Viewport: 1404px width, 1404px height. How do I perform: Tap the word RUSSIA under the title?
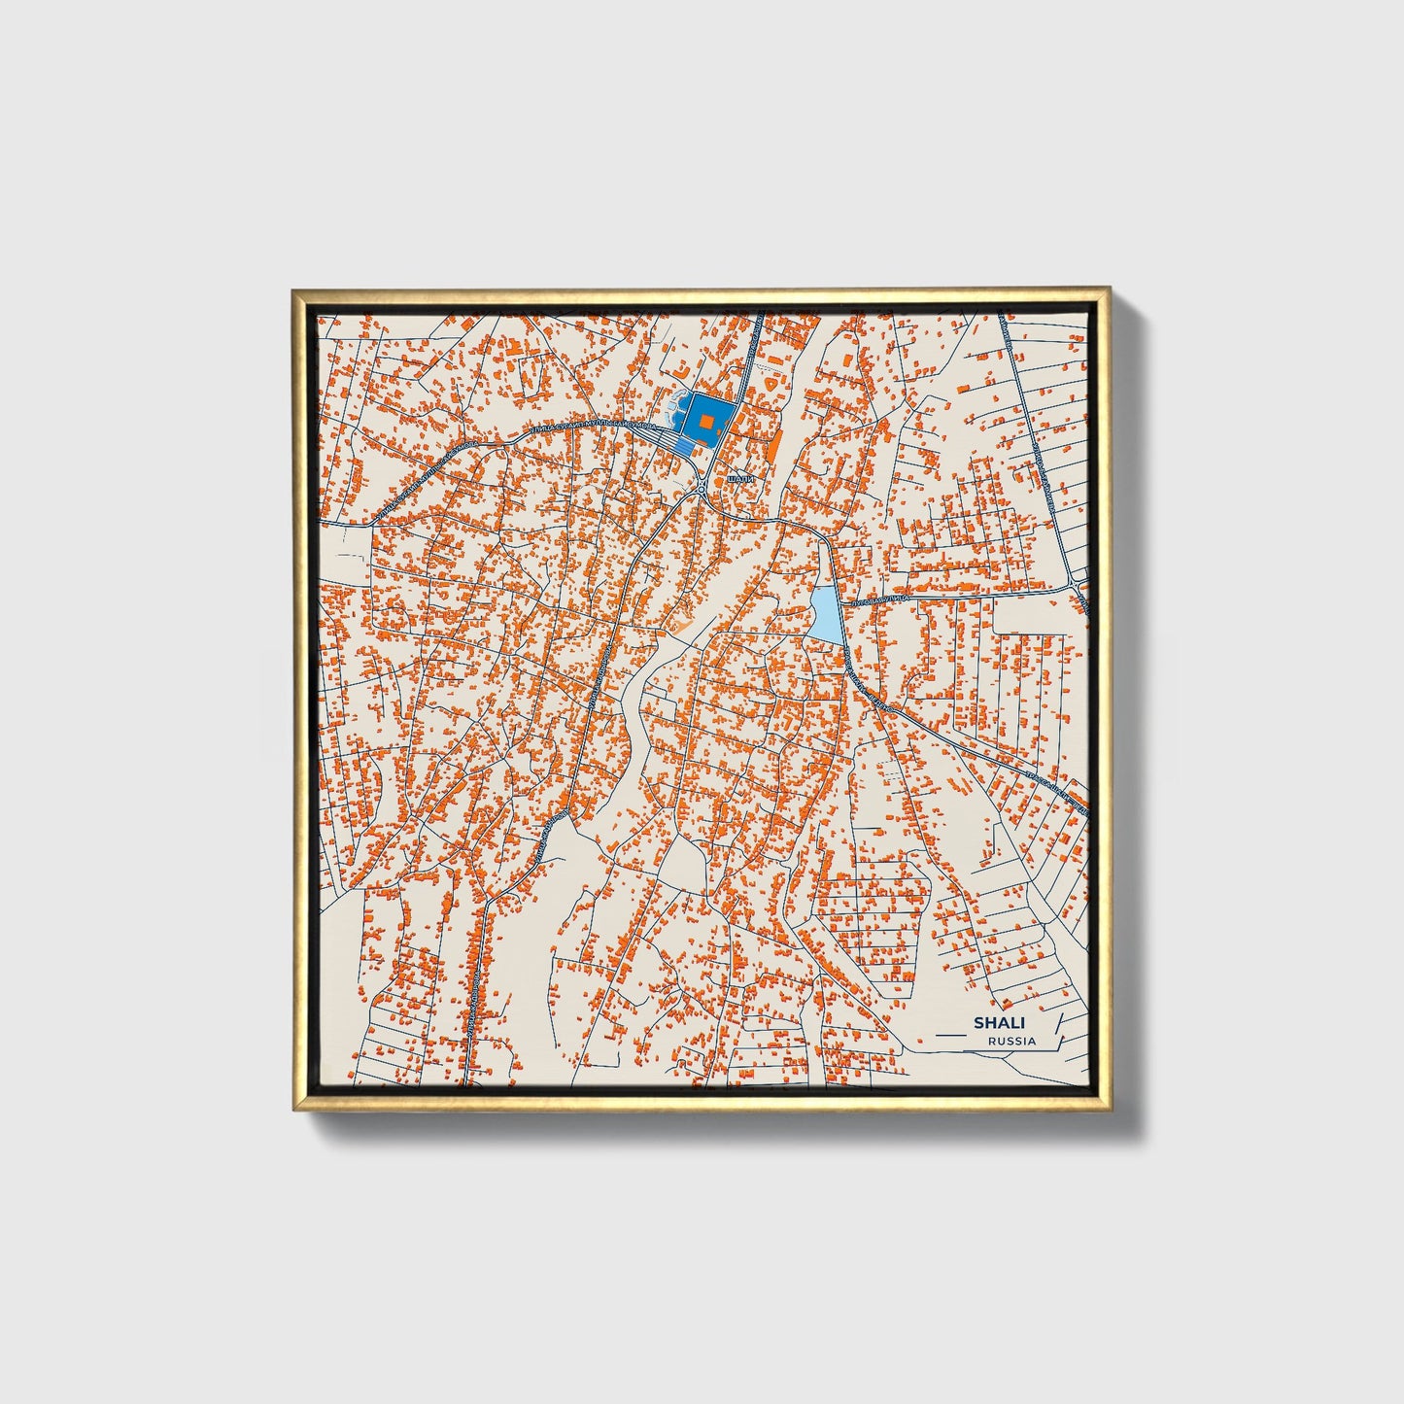click(x=1011, y=1041)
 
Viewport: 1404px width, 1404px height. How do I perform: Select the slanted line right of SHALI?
click(x=1058, y=1026)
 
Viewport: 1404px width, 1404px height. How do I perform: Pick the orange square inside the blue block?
click(x=707, y=420)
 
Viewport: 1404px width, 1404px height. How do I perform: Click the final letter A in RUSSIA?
click(x=1032, y=1041)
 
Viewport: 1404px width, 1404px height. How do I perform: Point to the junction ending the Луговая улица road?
click(x=1077, y=582)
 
